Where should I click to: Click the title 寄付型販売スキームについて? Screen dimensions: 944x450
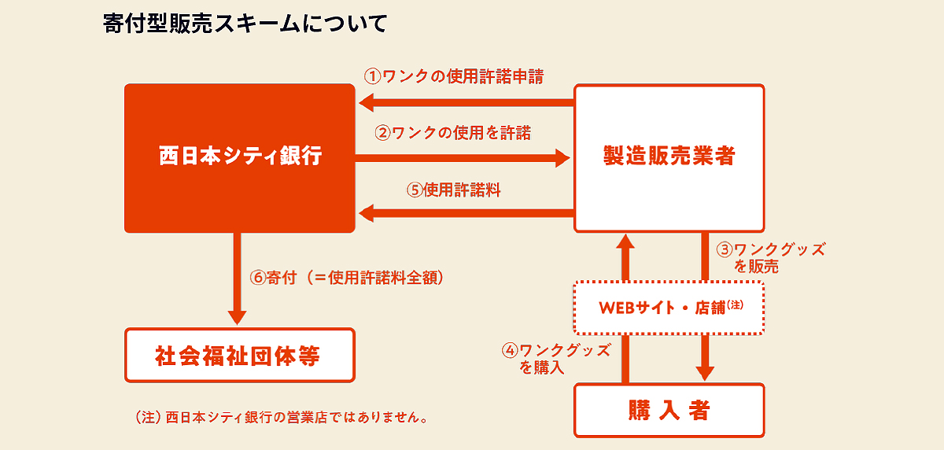click(245, 23)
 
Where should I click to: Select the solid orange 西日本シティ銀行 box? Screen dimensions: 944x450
click(240, 158)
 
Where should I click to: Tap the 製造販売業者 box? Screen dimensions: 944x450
click(669, 158)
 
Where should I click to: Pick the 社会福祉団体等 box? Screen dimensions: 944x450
click(240, 355)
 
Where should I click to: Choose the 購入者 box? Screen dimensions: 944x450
click(669, 411)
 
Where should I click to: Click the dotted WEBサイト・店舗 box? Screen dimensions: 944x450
click(669, 308)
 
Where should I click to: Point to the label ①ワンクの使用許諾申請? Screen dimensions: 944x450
click(454, 76)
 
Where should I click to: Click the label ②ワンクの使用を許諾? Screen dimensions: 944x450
click(453, 133)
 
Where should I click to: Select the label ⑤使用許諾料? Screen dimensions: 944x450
click(453, 190)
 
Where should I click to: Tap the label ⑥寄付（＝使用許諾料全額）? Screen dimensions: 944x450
click(347, 278)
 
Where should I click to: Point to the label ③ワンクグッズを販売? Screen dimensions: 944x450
click(771, 258)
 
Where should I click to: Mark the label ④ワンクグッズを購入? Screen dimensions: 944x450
click(556, 359)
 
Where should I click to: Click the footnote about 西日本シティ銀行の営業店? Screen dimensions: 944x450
click(282, 417)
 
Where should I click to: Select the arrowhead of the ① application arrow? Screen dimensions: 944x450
click(367, 103)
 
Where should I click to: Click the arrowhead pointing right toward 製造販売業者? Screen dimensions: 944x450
click(563, 158)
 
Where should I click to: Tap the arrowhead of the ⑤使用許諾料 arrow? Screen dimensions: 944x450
click(367, 212)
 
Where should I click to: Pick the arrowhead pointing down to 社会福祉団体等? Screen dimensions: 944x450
click(238, 318)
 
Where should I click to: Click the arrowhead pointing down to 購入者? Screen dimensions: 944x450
click(705, 374)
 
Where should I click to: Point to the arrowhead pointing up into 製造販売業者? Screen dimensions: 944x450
click(625, 242)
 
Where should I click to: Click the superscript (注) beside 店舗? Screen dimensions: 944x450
click(735, 304)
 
